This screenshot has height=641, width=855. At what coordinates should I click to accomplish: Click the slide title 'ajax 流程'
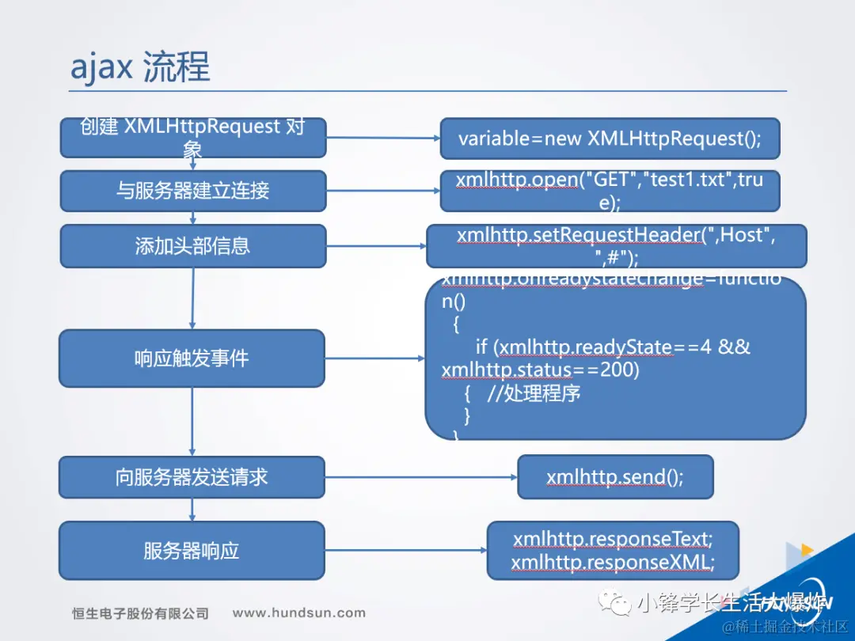tap(140, 68)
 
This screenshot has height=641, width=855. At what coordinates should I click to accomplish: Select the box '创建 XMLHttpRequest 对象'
tap(192, 138)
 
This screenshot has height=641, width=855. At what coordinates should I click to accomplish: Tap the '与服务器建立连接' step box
tap(192, 191)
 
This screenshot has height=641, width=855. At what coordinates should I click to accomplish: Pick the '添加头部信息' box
tap(192, 245)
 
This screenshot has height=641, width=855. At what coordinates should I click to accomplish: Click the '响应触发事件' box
tap(192, 358)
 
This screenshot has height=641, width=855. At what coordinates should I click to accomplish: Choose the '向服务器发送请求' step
tap(192, 477)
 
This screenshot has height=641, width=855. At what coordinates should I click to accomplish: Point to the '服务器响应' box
tap(192, 551)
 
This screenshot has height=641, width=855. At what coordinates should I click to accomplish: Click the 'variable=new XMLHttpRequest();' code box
tap(610, 138)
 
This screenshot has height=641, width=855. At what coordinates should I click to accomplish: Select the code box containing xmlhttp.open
tap(610, 191)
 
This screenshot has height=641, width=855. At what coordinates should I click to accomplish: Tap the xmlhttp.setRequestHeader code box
tap(616, 246)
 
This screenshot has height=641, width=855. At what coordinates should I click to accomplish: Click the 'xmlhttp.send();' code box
tap(615, 477)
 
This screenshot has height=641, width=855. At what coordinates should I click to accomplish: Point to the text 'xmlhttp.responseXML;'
tap(613, 563)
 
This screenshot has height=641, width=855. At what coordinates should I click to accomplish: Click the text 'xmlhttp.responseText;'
tap(613, 540)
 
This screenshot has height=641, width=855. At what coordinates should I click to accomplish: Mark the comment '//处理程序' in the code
tap(534, 393)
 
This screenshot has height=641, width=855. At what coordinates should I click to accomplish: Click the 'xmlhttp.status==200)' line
tap(540, 370)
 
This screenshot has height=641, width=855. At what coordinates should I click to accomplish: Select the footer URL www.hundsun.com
tap(298, 613)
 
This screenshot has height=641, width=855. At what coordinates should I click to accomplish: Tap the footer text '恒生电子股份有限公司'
tap(140, 613)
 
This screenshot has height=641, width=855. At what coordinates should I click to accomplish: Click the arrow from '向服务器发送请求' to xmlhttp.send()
tap(420, 477)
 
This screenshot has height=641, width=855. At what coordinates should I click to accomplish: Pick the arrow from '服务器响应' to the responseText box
tap(405, 551)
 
